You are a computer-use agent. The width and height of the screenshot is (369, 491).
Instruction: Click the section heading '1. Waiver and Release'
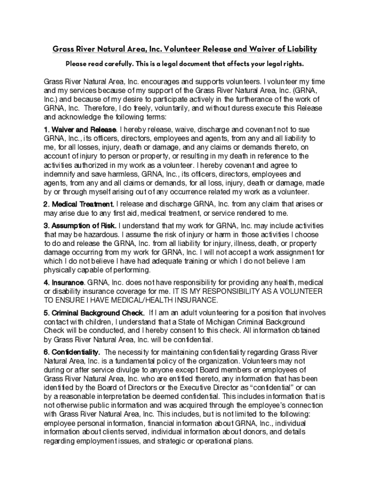coord(80,129)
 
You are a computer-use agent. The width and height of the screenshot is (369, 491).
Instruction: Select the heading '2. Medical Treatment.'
coord(79,205)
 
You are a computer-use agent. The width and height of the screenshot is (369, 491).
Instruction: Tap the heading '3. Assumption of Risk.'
coord(80,225)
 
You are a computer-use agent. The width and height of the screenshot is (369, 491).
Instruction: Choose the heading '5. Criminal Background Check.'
coord(94,313)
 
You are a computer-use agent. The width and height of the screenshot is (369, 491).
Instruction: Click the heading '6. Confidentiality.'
coord(72,352)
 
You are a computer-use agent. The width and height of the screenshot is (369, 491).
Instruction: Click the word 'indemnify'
coord(61,174)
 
